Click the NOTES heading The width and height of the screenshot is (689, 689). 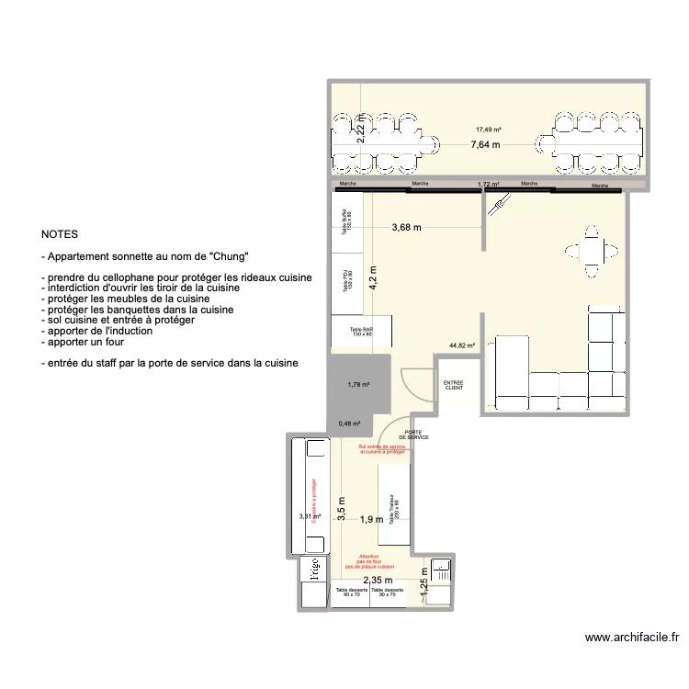coord(60,235)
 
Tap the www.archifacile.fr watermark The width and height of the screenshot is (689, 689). coord(632,638)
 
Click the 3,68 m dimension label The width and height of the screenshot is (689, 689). coord(406,228)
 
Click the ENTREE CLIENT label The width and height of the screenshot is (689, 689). coord(454,386)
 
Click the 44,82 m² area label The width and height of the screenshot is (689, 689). coord(462,346)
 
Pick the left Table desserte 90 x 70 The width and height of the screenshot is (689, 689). coord(351,593)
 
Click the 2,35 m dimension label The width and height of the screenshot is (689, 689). coord(378,580)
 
